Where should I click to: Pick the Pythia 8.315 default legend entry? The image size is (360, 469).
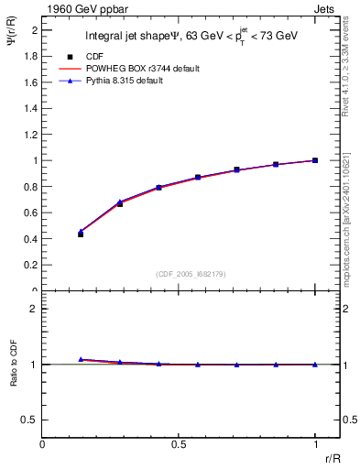(x=138, y=82)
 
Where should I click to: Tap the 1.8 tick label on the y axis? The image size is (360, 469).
(x=31, y=56)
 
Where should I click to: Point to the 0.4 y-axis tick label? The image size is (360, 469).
(x=31, y=239)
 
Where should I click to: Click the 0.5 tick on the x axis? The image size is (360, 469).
(x=179, y=443)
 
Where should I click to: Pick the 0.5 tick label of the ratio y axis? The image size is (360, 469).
(x=31, y=420)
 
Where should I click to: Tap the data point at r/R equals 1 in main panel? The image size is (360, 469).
(x=315, y=160)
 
